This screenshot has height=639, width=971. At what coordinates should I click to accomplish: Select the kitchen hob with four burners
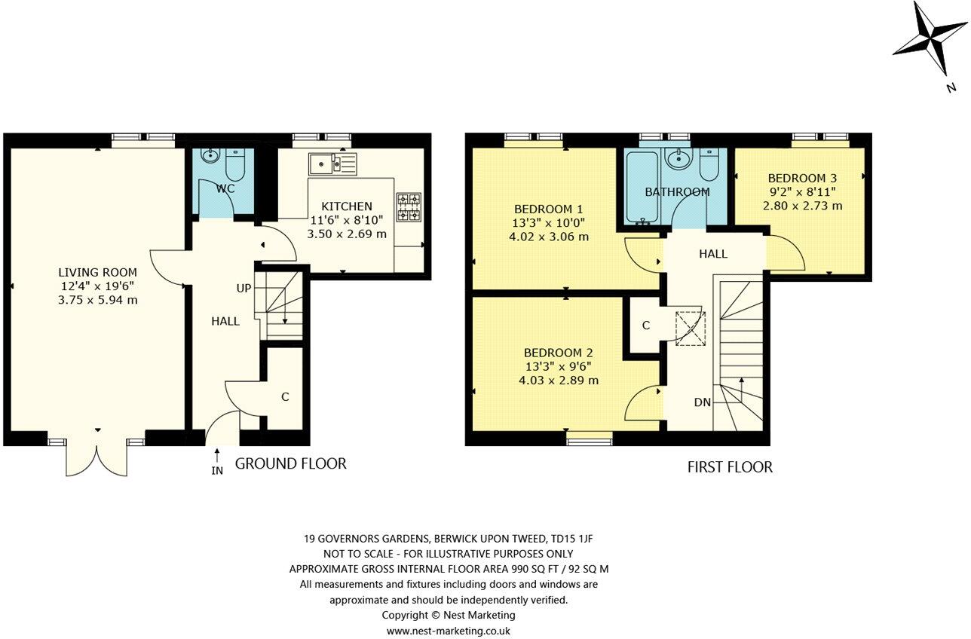409,208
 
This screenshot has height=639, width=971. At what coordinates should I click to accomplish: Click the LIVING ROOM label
98,272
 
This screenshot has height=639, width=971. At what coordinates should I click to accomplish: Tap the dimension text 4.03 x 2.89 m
559,380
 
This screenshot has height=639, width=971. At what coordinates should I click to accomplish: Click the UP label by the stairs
244,289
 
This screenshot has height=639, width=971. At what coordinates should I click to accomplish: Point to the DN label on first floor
702,402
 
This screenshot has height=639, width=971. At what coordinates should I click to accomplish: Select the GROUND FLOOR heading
290,463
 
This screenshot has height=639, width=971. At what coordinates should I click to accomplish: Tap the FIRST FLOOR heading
729,467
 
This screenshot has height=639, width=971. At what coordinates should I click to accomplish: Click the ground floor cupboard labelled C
285,396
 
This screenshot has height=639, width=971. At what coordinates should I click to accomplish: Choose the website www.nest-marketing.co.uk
449,631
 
